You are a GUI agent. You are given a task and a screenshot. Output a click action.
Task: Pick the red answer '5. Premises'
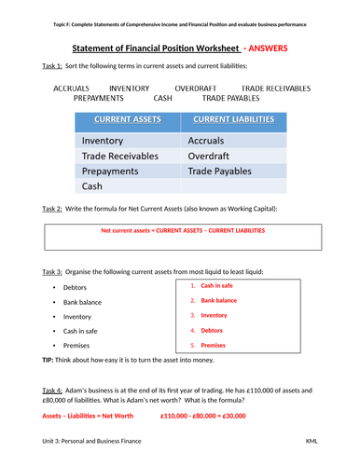(214, 345)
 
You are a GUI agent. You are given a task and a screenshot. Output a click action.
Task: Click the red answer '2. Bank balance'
(219, 301)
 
